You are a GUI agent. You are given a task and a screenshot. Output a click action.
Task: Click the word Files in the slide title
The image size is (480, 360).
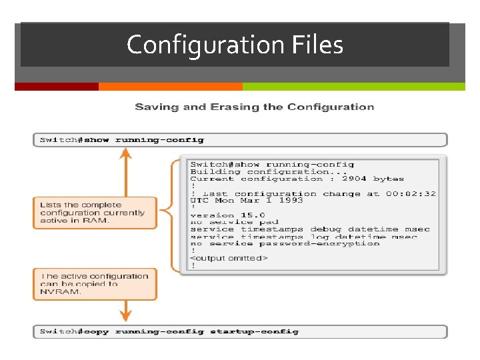coord(317,45)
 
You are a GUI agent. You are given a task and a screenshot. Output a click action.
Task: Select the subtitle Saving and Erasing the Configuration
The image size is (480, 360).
coord(254,107)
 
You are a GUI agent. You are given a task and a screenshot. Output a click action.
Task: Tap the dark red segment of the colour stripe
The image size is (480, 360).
coord(57,87)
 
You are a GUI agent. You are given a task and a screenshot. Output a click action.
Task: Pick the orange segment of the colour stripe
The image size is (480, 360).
coord(170,87)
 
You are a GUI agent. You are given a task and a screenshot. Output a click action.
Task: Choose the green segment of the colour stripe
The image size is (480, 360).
coord(353,87)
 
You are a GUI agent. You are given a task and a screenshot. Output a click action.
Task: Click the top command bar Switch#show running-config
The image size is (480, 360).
coord(240,140)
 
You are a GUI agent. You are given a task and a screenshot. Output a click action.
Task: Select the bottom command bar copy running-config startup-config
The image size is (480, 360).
coord(240,331)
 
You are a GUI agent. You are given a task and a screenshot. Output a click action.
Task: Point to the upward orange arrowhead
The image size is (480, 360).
coord(125,154)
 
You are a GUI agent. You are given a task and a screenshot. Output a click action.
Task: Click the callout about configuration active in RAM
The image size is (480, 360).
coord(94,213)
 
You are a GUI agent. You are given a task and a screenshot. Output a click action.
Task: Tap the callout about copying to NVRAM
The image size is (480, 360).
coord(94,284)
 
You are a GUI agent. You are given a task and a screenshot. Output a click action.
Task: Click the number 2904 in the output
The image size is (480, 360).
coord(354,179)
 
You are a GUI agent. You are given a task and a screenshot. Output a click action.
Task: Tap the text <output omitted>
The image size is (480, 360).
coord(229,258)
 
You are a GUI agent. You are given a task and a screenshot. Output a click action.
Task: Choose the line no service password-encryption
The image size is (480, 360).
coord(285,243)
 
